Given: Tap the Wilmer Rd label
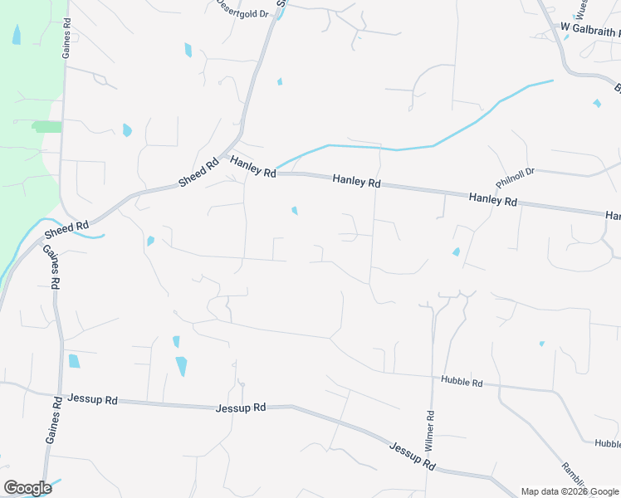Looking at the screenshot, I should [x=430, y=430].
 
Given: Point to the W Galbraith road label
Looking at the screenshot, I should [x=589, y=28].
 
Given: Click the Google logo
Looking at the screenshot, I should [x=27, y=488].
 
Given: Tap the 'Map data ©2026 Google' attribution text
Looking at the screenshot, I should [x=570, y=491].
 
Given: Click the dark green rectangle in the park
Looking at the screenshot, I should [x=47, y=126].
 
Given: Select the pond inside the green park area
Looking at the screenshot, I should [x=17, y=35].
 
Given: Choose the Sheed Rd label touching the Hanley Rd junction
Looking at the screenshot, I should [x=198, y=172].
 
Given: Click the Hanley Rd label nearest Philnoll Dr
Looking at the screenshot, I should [x=492, y=200].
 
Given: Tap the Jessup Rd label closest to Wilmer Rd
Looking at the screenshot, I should [x=413, y=456].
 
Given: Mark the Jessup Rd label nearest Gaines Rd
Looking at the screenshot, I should [x=93, y=399].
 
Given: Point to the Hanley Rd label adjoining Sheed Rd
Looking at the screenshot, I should [x=253, y=167].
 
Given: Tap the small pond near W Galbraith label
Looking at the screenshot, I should [x=597, y=104].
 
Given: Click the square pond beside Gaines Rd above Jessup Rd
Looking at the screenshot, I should [x=74, y=361].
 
